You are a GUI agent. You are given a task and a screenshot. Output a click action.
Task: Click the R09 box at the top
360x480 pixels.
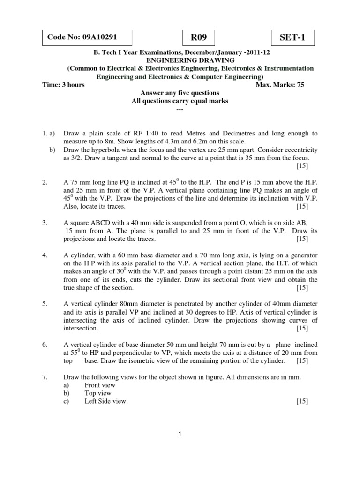(196, 37)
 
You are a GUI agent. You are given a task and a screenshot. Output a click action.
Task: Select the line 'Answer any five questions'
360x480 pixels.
(181, 93)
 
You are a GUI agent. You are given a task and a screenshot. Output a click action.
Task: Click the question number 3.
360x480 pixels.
(45, 223)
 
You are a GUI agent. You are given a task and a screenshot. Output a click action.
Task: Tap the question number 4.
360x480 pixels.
(45, 255)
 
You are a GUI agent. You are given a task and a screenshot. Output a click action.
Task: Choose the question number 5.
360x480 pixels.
(45, 304)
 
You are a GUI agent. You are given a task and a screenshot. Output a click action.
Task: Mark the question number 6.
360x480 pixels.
(45, 345)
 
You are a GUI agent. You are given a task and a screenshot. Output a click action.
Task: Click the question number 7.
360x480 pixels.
(45, 377)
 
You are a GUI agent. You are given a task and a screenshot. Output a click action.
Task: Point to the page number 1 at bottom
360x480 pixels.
(180, 435)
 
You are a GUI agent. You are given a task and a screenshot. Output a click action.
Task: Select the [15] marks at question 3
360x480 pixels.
(302, 239)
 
